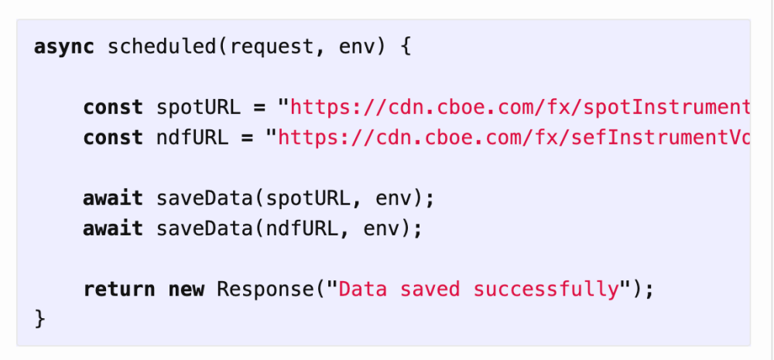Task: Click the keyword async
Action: point(63,47)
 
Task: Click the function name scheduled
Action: point(162,47)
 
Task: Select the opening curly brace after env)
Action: point(405,47)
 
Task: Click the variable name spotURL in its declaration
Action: point(198,108)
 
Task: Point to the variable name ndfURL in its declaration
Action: point(193,138)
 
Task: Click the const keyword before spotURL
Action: point(113,108)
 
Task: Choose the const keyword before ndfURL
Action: point(113,138)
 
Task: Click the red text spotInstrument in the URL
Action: point(666,108)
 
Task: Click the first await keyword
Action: point(113,198)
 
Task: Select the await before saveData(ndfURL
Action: point(113,228)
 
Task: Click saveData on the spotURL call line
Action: point(204,198)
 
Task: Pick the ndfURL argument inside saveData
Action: point(302,228)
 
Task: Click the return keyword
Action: point(119,290)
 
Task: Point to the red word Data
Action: point(363,290)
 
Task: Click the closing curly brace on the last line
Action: point(40,319)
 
